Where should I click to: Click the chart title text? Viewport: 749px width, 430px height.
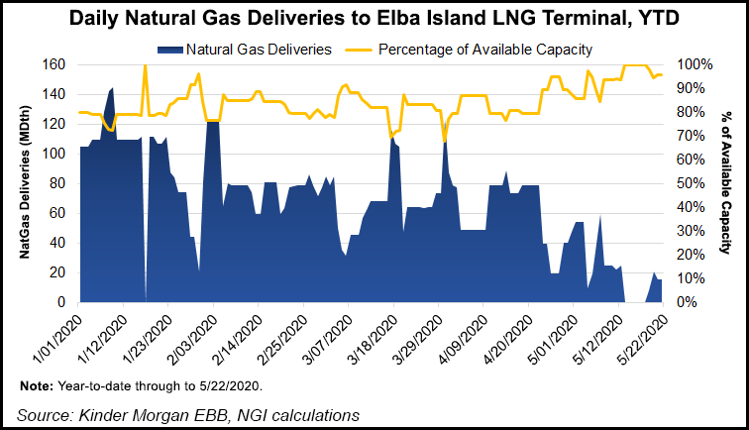tap(374, 19)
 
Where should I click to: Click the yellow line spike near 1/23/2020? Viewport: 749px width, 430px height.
tap(146, 66)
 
